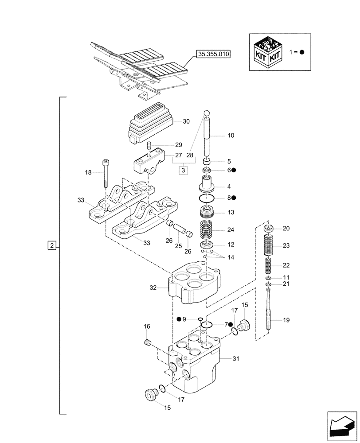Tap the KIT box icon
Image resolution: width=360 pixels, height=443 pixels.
266,51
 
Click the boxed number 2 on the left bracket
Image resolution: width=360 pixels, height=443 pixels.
52,245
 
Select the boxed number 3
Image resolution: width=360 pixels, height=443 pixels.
184,170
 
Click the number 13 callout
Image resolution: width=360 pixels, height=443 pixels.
231,212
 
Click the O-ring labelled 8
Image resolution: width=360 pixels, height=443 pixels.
208,198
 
